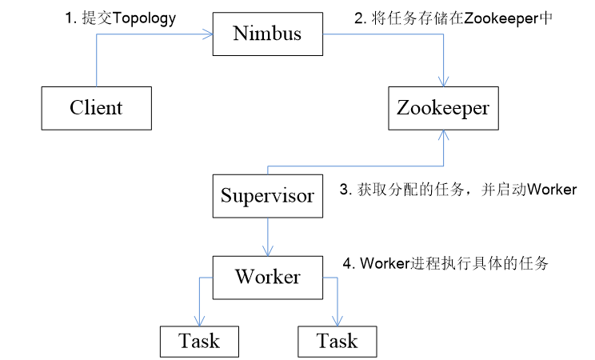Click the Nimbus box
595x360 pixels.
click(268, 34)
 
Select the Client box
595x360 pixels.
click(96, 107)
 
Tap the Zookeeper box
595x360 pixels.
click(443, 107)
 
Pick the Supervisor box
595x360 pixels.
click(267, 196)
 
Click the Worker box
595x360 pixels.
click(267, 277)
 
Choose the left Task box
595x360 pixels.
click(199, 342)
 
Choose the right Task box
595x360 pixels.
click(337, 342)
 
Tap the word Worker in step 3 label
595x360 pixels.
click(552, 190)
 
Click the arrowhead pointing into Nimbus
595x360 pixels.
click(208, 34)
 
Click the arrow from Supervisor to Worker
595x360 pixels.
click(267, 237)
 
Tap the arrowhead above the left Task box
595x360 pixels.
click(199, 321)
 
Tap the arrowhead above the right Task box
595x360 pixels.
click(337, 321)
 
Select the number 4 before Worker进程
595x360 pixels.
click(346, 263)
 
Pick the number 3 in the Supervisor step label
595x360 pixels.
click(344, 190)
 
